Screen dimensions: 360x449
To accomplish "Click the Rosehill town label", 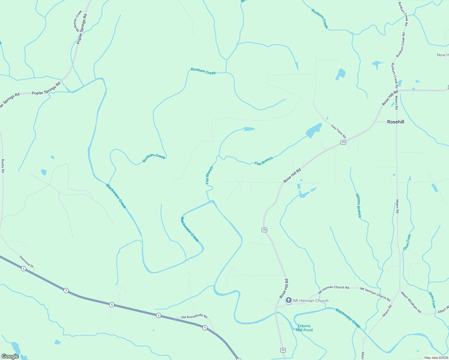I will pos(396,122).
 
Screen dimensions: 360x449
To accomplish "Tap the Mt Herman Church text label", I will pos(311,301).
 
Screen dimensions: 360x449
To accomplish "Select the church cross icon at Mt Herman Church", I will pos(288,300).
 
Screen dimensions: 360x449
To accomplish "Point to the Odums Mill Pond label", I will pos(304,328).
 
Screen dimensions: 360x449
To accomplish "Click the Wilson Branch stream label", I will pos(358,206).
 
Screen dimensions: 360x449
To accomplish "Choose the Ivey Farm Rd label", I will pos(339,131).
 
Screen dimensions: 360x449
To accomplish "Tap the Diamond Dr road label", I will pos(27,261).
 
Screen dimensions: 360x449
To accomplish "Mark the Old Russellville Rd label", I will pos(194,317).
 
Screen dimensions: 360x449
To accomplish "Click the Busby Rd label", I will pos(3,166).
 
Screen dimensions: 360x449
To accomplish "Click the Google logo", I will pos(10,356).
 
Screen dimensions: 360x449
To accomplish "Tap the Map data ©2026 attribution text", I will pos(436,358).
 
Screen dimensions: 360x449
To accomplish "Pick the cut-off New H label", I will pos(443,55).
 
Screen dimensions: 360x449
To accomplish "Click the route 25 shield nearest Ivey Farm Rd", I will pos(343,142).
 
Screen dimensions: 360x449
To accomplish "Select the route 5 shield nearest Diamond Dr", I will pos(23,269).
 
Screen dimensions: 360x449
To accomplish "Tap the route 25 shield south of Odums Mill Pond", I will pos(283,350).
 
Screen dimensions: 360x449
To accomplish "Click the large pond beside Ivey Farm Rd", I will pos(314,130).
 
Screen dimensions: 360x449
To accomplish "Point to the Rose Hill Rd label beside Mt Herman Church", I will pos(284,289).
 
